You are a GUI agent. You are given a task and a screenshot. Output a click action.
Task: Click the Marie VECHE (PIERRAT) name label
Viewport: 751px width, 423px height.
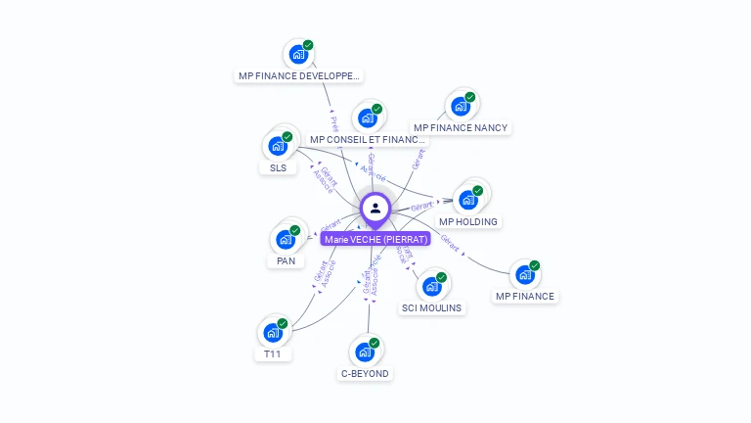(375, 239)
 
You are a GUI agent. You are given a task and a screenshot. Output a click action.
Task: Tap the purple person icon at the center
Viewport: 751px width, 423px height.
(375, 208)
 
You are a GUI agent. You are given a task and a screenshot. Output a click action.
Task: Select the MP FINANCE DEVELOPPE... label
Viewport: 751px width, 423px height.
(299, 75)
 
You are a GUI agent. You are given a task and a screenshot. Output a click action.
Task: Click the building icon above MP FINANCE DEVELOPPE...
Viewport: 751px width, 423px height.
(297, 55)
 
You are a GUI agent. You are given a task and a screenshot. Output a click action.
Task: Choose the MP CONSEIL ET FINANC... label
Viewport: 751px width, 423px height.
(368, 140)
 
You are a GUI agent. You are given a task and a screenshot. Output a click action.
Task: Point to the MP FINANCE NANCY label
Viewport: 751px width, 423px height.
(461, 127)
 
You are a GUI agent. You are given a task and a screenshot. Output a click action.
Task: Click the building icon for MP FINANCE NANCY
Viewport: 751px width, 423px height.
(460, 107)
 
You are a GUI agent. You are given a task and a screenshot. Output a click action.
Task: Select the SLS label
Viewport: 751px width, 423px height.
(278, 167)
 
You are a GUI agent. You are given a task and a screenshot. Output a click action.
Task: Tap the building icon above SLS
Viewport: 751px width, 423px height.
(278, 147)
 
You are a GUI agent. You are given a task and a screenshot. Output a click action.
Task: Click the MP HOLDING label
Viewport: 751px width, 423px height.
(468, 221)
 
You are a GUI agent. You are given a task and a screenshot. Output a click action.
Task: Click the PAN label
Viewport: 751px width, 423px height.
(286, 261)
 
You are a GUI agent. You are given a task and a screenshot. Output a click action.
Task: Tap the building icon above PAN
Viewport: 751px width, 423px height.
(286, 240)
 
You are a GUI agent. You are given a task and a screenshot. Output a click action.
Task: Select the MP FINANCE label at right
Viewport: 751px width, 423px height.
(525, 296)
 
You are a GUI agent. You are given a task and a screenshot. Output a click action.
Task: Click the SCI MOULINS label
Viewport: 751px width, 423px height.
(432, 307)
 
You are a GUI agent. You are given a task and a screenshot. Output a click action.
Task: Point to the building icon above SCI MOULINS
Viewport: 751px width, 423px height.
(431, 287)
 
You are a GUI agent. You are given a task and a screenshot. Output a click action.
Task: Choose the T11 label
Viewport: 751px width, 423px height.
(273, 353)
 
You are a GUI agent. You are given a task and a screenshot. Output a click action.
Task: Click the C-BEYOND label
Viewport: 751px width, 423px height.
(365, 373)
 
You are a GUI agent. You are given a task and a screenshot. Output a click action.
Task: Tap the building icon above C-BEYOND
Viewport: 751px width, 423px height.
(365, 352)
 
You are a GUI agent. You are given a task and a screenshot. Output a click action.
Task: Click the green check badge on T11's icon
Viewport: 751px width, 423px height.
(283, 323)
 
